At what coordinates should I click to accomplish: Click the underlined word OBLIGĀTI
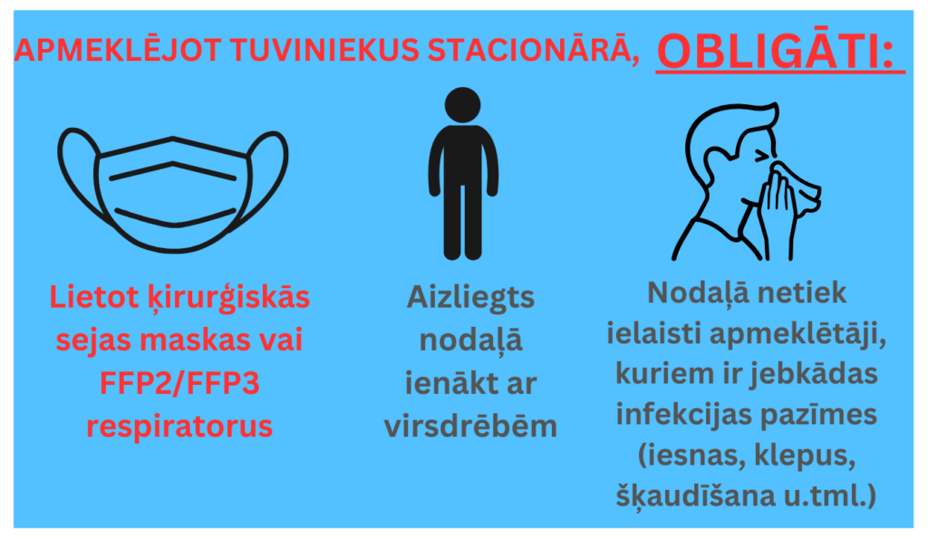click(x=779, y=53)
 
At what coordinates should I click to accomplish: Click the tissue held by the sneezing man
click(x=797, y=187)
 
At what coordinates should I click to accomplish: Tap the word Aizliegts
click(x=469, y=297)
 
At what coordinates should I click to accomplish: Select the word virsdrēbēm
click(x=469, y=426)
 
